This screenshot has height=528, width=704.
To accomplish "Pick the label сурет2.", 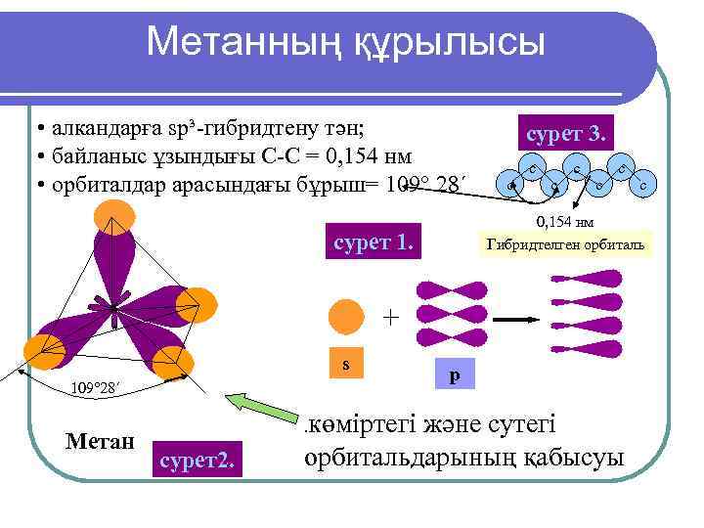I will (197, 455).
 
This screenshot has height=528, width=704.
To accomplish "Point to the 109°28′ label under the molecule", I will (99, 388).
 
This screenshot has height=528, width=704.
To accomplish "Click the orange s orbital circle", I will (347, 318).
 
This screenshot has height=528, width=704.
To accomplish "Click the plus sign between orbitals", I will (391, 318).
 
